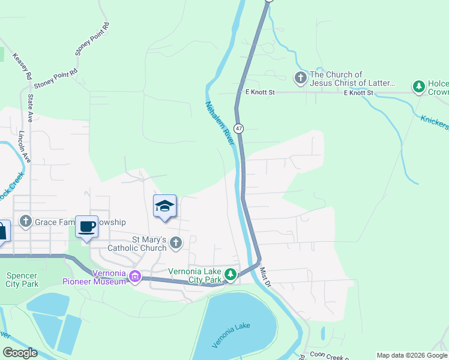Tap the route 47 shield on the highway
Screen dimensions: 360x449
point(239,128)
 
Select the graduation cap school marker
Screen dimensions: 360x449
point(164,206)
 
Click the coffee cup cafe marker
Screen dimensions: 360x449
point(87,227)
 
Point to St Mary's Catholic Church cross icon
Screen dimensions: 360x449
point(176,243)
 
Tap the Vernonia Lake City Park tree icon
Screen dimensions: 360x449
point(230,275)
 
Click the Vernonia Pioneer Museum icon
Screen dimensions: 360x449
point(135,277)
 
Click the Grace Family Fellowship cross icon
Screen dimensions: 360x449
point(25,222)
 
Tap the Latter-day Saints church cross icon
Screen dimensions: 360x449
point(300,78)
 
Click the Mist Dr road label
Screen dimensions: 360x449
point(266,277)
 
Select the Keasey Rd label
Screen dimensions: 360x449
point(25,65)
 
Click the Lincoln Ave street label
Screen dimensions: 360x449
point(25,146)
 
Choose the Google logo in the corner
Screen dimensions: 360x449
point(20,353)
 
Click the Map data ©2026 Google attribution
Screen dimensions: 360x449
point(412,355)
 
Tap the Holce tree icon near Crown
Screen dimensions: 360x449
point(419,87)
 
